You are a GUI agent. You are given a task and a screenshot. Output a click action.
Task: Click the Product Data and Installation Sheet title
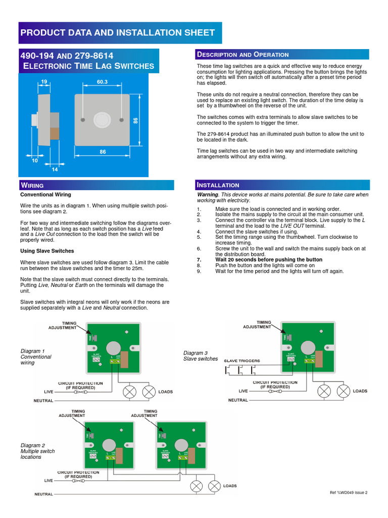(x=117, y=33)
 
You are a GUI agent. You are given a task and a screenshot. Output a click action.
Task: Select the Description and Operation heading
(x=243, y=55)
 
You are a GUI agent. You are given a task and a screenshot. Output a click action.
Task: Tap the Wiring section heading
(x=32, y=185)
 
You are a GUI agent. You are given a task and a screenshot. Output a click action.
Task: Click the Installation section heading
(x=218, y=185)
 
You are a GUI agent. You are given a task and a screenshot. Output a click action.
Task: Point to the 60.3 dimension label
(x=103, y=81)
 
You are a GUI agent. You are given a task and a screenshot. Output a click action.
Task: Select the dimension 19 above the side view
(x=44, y=81)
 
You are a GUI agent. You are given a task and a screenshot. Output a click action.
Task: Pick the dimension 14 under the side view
(x=54, y=169)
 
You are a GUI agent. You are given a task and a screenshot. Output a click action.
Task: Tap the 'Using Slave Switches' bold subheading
(x=47, y=251)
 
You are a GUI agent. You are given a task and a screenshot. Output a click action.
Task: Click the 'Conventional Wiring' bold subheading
(x=45, y=194)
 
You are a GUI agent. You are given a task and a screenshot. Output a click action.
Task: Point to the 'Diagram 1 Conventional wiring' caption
(x=36, y=357)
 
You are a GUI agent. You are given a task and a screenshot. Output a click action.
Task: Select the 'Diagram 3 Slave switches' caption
(x=201, y=356)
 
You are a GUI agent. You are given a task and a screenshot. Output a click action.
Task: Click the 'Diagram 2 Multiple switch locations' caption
(x=37, y=451)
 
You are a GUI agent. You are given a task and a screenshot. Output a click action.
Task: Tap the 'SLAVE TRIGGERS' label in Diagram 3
(x=242, y=361)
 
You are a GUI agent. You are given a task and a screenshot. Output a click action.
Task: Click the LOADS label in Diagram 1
(x=166, y=392)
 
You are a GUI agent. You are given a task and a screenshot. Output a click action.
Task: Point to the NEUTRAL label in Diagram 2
(x=43, y=494)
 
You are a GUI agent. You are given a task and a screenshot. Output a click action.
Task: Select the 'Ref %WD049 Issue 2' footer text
(x=348, y=492)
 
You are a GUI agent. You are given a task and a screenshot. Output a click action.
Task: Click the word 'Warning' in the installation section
(x=208, y=194)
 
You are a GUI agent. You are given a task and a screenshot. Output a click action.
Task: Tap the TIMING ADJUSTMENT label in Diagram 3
(x=257, y=325)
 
